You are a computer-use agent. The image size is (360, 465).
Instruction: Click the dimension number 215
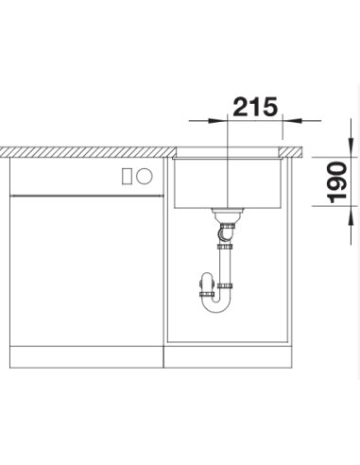click(x=255, y=107)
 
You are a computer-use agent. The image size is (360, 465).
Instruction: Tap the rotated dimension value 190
click(x=336, y=182)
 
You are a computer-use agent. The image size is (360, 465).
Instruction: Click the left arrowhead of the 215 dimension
click(x=217, y=121)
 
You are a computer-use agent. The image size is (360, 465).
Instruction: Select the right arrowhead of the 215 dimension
click(x=292, y=120)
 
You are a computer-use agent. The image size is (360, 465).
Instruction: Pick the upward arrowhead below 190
click(x=351, y=215)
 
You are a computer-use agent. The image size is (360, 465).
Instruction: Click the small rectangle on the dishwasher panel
click(x=127, y=176)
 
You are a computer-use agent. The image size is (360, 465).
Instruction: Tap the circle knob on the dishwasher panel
click(x=145, y=176)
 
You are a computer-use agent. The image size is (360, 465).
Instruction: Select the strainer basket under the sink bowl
click(x=227, y=215)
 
